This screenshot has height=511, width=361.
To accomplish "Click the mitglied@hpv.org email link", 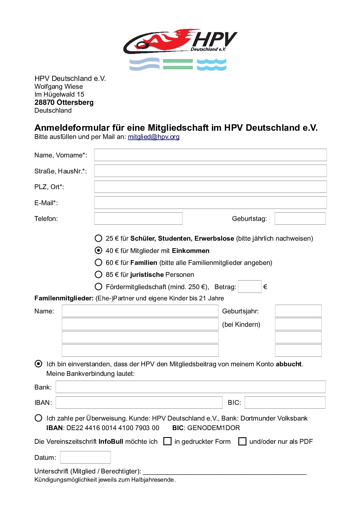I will [154, 137].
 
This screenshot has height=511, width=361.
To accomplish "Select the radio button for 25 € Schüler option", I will [99, 238].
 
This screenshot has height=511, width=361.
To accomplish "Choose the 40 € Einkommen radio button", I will [99, 251].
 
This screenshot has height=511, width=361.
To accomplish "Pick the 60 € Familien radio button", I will [99, 262].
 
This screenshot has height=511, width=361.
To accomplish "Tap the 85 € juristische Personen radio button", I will [99, 274].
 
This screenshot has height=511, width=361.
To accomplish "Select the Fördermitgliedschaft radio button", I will [99, 287].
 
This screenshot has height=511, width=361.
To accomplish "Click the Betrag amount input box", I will [249, 287].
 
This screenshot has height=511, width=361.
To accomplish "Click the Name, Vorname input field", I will [210, 155].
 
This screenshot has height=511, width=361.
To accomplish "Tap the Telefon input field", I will [138, 218].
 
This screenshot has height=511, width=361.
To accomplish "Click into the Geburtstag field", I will [300, 218].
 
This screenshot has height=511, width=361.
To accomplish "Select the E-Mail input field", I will [210, 203].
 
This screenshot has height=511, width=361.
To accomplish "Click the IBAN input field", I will [139, 402].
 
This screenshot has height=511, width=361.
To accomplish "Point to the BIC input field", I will [285, 402].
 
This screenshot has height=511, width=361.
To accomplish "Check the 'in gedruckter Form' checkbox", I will [168, 441].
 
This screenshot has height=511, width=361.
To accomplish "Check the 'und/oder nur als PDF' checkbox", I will [242, 441].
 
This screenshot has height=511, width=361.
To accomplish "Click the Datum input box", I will [85, 457].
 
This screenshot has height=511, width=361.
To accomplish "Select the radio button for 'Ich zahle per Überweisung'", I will [39, 418].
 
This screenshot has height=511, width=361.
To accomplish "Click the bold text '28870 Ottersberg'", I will [64, 102].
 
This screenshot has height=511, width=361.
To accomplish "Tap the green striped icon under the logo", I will [178, 64].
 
